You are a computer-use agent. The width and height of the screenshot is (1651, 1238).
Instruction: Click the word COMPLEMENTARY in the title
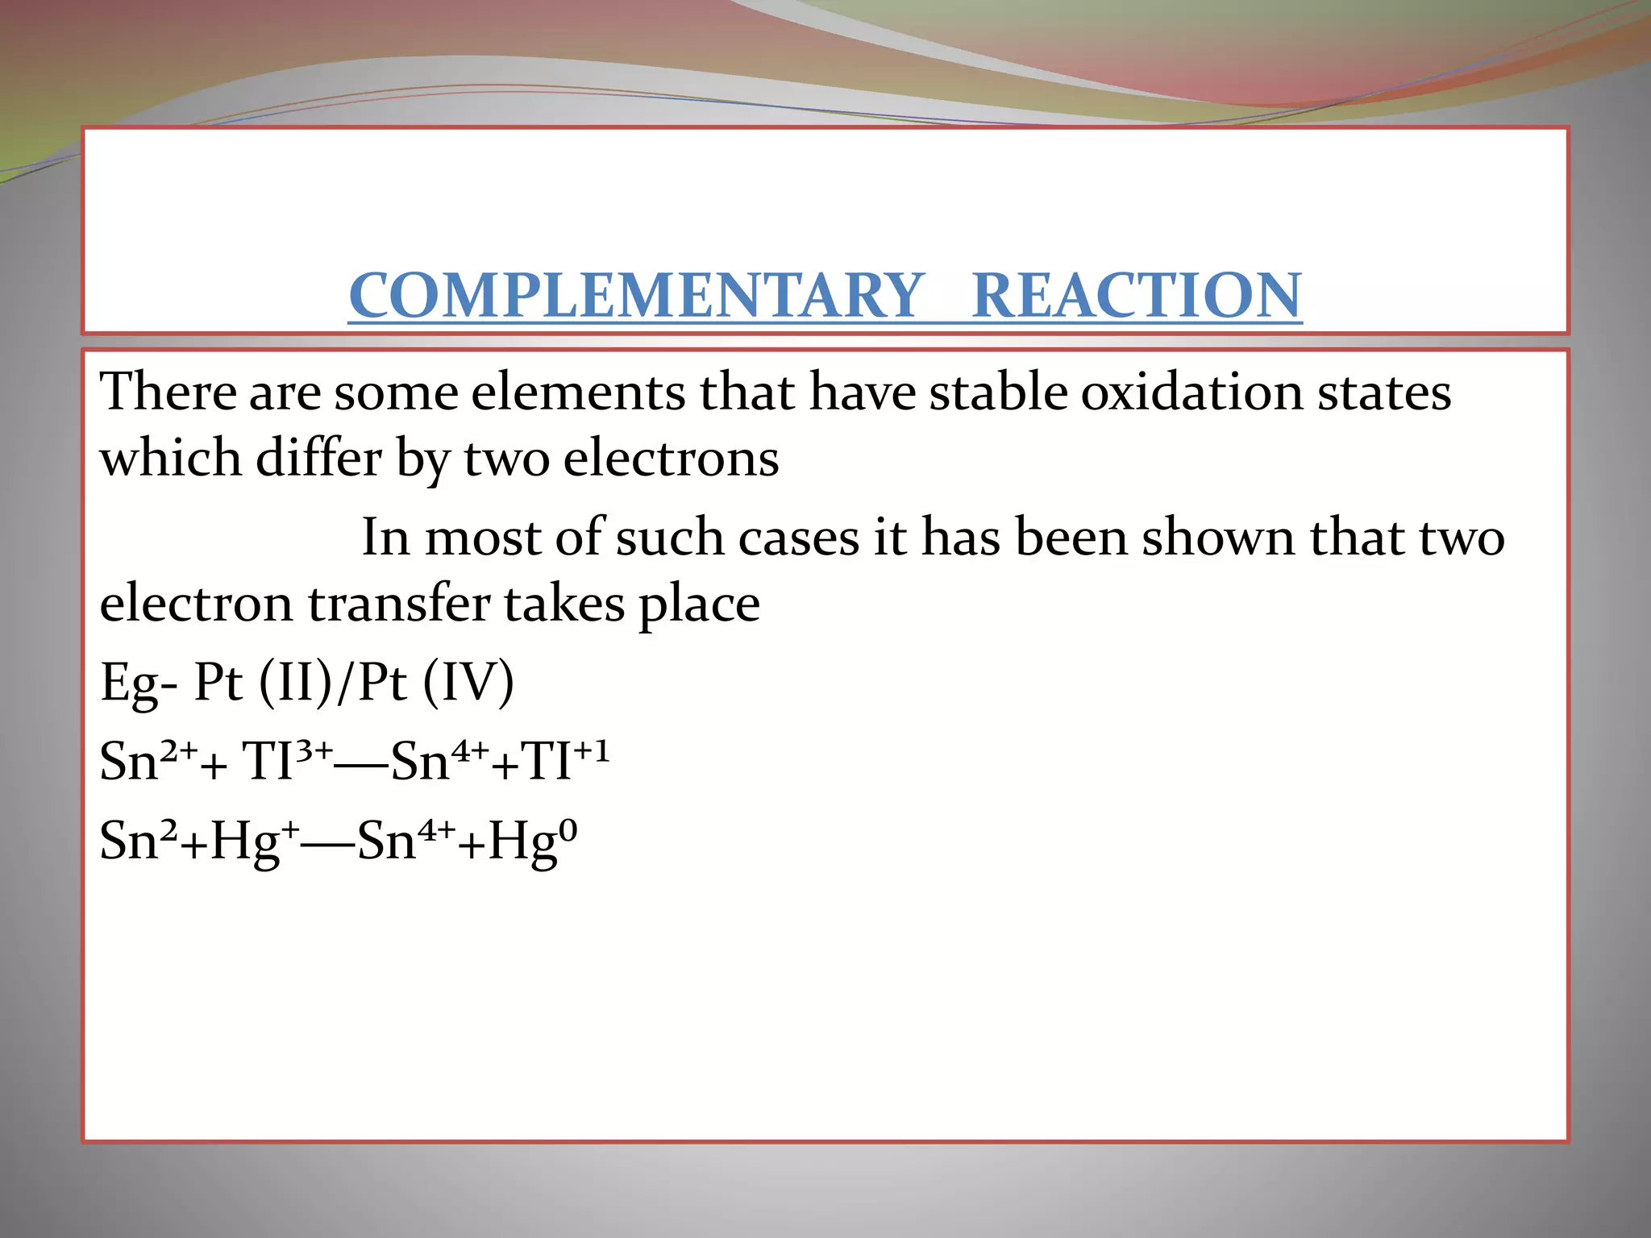click(x=636, y=295)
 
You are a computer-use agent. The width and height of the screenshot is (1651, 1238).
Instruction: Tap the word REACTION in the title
click(x=1137, y=295)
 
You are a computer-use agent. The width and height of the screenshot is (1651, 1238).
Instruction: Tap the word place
click(x=699, y=604)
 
